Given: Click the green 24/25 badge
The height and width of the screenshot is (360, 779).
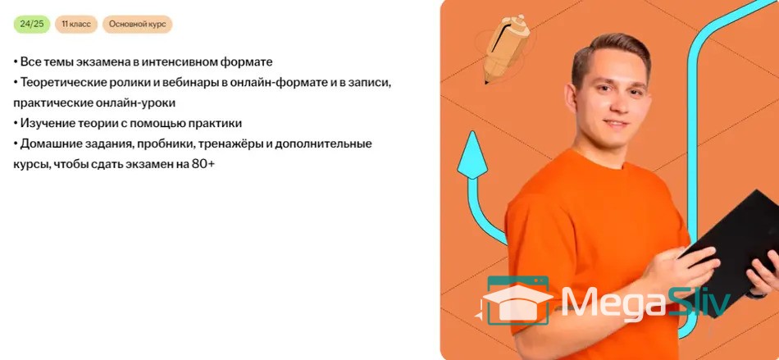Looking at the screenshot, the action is tap(32, 25).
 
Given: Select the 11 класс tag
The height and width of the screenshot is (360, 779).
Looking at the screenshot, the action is tap(76, 25).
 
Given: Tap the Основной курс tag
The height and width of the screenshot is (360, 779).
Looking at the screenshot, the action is tap(138, 25).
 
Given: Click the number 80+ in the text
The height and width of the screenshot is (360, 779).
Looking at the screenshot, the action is tap(203, 164).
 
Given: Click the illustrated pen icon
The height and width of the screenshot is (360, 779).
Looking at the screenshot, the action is tap(505, 48).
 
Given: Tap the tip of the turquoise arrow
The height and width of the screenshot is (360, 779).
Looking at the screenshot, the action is tap(471, 132).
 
